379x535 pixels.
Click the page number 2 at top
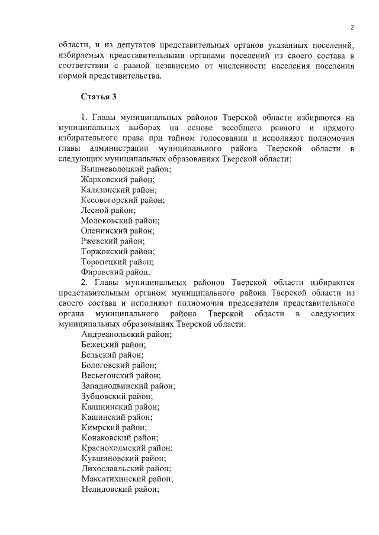[x=352, y=27]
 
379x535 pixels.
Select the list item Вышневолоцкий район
[x=126, y=169]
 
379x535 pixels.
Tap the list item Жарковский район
[x=118, y=179]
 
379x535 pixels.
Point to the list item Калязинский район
[x=119, y=189]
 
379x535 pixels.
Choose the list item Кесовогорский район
[x=123, y=200]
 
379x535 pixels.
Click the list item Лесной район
[x=108, y=210]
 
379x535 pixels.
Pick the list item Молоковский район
[x=120, y=221]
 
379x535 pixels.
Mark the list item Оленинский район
[x=118, y=231]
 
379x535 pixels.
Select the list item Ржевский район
[x=113, y=241]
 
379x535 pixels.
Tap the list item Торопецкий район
[x=118, y=261]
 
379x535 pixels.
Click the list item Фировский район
[x=115, y=272]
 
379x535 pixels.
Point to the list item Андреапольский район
[x=126, y=334]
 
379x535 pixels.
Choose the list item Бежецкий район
[x=114, y=344]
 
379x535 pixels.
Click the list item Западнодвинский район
[x=128, y=385]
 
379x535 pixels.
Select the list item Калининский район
[x=120, y=406]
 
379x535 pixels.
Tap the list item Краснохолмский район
[x=124, y=448]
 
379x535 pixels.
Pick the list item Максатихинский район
[x=127, y=479]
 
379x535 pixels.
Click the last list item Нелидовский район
[x=121, y=489]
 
